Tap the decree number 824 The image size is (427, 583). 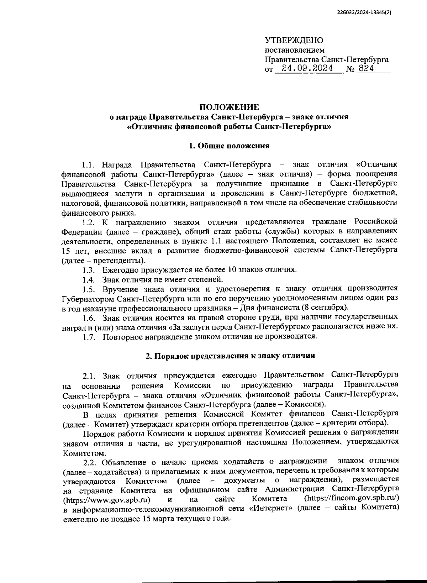point(366,68)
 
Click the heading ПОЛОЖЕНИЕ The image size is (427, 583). point(229,107)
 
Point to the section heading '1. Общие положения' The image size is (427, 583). point(229,146)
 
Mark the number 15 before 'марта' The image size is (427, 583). point(147,519)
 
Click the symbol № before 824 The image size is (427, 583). point(350,69)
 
